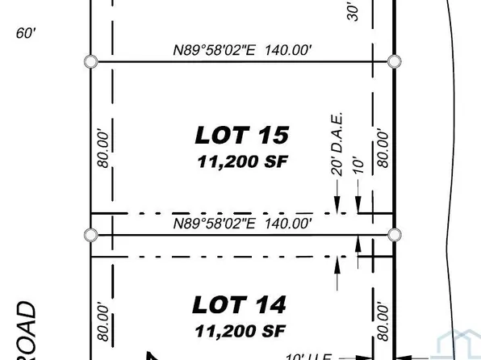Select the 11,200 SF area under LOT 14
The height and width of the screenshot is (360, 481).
240,331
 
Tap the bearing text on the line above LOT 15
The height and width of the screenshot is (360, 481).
242,50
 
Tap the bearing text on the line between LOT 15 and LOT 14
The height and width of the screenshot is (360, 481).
242,223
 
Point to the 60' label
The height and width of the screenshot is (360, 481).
26,33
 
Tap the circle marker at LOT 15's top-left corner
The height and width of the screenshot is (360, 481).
91,61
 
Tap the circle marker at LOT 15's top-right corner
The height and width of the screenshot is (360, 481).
394,61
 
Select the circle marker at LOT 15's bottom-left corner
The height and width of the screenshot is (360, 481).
91,234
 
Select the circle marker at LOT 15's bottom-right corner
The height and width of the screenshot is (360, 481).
394,234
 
